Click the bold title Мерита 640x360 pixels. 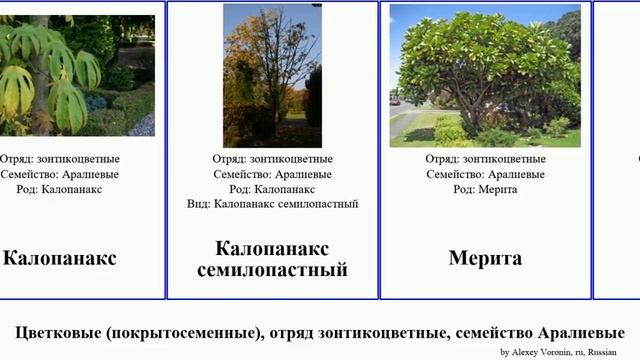(x=485, y=258)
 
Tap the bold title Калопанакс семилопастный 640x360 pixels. (x=272, y=258)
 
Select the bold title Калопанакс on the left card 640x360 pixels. (x=60, y=258)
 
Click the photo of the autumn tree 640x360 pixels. (x=272, y=75)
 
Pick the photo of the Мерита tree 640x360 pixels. (x=485, y=75)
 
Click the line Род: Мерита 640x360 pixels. (x=485, y=189)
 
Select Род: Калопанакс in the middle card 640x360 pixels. (x=272, y=189)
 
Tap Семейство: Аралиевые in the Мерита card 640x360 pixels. (x=485, y=174)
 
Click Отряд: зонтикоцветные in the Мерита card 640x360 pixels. (x=485, y=159)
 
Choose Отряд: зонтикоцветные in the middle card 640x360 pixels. (x=272, y=159)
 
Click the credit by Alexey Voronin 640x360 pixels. (x=559, y=352)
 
